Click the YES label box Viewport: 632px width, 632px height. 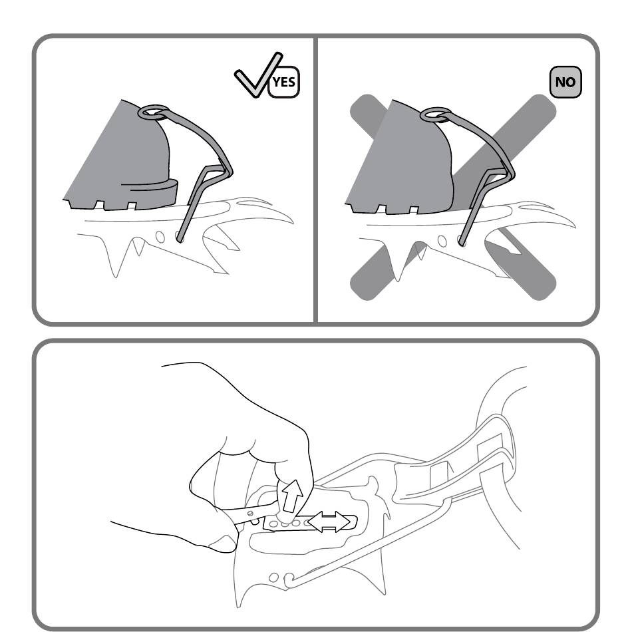[284, 82]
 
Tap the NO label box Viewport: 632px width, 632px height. [565, 82]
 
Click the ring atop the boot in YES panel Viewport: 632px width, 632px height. [154, 111]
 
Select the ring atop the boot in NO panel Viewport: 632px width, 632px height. [435, 114]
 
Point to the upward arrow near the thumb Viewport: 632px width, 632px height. [293, 496]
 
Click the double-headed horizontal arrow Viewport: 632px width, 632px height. [329, 522]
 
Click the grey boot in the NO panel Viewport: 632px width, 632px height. [399, 157]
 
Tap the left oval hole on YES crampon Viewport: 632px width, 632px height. [160, 237]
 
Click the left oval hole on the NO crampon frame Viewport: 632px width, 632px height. [442, 241]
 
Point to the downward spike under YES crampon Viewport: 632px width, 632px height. [139, 247]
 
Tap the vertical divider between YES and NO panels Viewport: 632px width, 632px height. [315, 180]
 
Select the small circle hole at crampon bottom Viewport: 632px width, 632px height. [273, 577]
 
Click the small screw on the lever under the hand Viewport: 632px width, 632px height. [250, 514]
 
